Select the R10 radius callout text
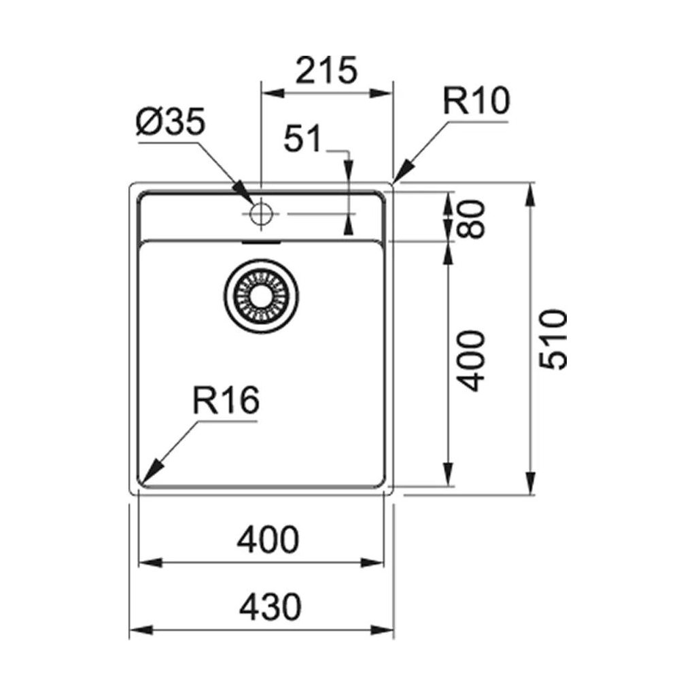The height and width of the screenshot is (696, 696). coord(476,103)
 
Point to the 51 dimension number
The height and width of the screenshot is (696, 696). coord(302,140)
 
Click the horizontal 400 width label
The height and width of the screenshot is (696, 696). coord(267,540)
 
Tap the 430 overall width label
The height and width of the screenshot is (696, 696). coord(269,607)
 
